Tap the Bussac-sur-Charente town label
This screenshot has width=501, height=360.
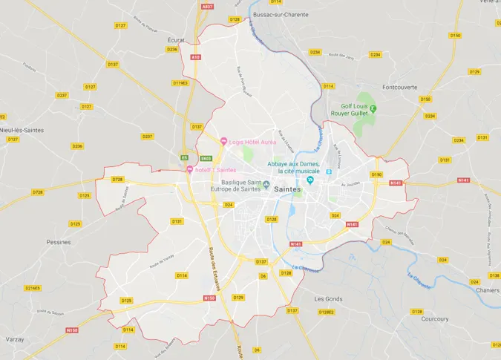coord(281,14)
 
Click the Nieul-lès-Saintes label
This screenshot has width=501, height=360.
coord(22,130)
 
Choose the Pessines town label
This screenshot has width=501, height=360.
coord(59,241)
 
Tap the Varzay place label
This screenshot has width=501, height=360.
coord(14,338)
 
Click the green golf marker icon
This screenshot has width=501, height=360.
coord(373,109)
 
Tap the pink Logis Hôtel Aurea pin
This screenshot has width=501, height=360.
coord(223,141)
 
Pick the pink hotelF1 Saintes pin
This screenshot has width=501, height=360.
coord(189,170)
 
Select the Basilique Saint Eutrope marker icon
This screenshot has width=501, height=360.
coord(266,183)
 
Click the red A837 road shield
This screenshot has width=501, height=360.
coord(207,6)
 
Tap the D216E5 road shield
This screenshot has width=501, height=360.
coord(32,288)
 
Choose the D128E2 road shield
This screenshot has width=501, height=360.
coord(326,312)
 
